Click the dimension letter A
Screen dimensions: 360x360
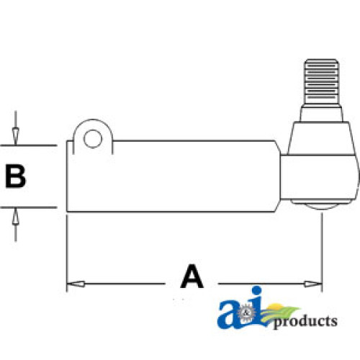click(x=192, y=276)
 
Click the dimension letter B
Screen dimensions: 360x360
click(x=16, y=176)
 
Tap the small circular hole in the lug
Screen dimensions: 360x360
click(x=93, y=139)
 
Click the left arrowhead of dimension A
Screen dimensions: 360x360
click(x=76, y=284)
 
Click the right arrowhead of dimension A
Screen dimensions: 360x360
click(x=312, y=284)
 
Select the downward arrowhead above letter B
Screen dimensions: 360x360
click(x=16, y=136)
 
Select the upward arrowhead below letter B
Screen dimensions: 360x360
click(x=16, y=216)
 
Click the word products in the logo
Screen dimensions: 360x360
click(x=305, y=321)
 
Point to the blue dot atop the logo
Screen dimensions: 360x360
click(x=256, y=290)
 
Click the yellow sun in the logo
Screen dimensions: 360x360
click(x=276, y=307)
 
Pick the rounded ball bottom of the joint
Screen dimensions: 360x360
click(x=322, y=206)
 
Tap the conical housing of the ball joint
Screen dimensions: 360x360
click(x=321, y=138)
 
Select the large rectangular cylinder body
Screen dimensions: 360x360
click(x=173, y=176)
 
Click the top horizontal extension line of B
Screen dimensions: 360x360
click(x=29, y=145)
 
